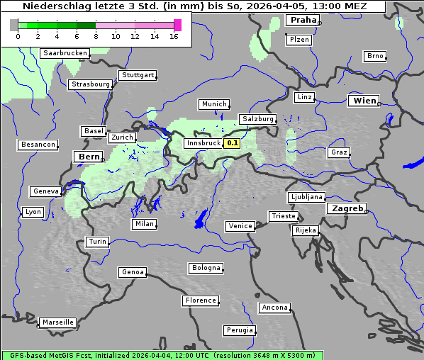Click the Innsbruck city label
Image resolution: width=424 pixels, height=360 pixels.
click(203, 143)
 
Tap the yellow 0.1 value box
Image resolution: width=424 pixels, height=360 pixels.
click(233, 143)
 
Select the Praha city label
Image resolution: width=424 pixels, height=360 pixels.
click(303, 21)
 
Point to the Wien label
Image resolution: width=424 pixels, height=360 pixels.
click(364, 101)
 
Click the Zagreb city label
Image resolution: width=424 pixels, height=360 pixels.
click(347, 208)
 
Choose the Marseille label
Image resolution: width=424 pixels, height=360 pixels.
click(57, 322)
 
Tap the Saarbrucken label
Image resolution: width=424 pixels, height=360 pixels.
click(65, 53)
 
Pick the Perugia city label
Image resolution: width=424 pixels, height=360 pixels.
click(239, 330)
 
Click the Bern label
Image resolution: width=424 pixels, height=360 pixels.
click(89, 157)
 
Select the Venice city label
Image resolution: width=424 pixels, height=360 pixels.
click(240, 226)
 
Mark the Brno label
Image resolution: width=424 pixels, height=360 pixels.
click(374, 56)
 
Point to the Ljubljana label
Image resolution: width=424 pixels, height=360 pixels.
click(306, 197)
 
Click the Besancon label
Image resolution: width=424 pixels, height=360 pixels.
click(38, 145)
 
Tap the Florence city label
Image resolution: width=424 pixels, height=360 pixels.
click(201, 300)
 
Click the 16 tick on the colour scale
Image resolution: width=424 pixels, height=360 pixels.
click(174, 35)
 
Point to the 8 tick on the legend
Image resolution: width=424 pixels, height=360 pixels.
click(96, 35)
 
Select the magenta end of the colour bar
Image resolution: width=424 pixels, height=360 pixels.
click(177, 25)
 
